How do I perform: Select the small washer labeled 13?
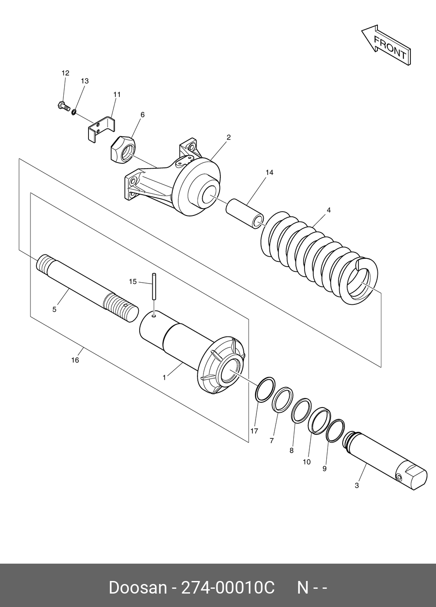74,112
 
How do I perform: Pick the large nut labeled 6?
123,149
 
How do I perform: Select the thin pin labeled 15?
154,286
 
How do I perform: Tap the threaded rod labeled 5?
87,287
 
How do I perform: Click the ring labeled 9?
335,431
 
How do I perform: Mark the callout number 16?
75,360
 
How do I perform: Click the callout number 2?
229,137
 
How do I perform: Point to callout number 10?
307,462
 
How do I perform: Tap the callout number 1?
164,378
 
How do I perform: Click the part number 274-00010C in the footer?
228,588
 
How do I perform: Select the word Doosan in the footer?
138,588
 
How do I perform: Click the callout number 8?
292,450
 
